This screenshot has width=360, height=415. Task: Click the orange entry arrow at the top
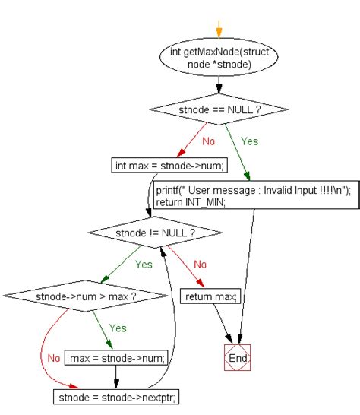tap(219, 30)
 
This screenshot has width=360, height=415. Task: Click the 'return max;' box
tap(210, 295)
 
